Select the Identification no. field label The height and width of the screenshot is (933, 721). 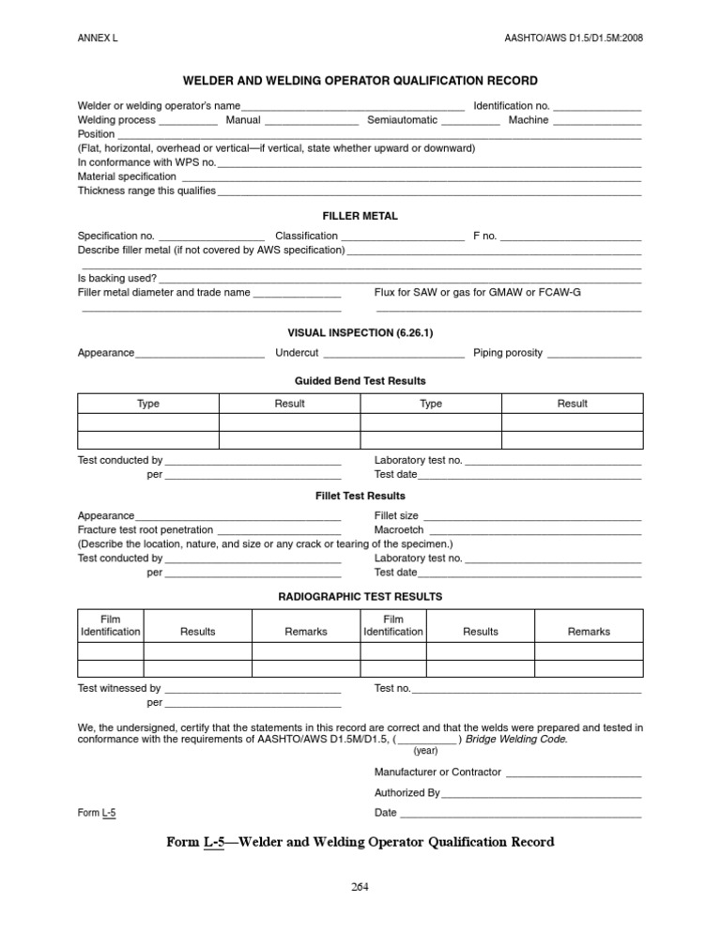[511, 106]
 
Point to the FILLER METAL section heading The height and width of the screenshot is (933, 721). [360, 216]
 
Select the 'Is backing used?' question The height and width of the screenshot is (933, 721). [117, 278]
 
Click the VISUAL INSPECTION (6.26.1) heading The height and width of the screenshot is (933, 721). [360, 332]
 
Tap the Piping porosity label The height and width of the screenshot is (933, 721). [507, 353]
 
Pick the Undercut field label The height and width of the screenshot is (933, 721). [297, 353]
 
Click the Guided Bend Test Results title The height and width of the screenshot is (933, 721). [360, 381]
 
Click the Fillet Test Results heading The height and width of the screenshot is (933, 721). [360, 496]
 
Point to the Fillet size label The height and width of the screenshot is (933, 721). [396, 516]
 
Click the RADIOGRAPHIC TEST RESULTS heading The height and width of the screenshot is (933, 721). [360, 596]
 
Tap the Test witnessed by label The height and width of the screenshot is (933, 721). [119, 688]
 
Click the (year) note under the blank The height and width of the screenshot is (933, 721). [425, 751]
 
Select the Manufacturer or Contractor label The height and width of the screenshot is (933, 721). [437, 772]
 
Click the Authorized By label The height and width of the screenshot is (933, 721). [407, 793]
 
